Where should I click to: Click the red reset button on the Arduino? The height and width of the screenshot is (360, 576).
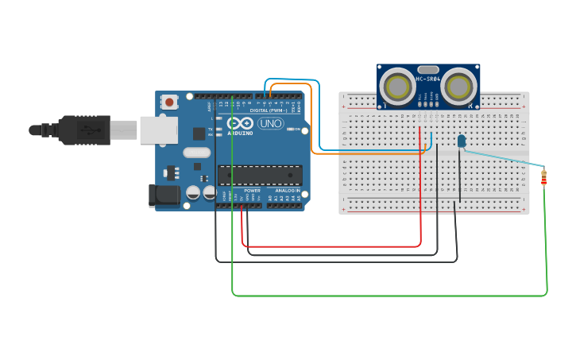coord(169,102)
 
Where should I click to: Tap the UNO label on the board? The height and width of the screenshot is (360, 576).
coord(271,125)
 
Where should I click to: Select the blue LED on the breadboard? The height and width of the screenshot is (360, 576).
coord(461,141)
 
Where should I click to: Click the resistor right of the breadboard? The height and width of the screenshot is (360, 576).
coord(543,178)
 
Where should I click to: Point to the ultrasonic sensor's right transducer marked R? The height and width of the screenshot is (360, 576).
coord(459,85)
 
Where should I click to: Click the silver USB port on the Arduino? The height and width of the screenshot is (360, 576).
coord(158,130)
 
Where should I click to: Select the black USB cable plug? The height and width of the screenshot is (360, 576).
coord(83,130)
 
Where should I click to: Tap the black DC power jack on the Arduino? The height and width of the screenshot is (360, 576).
coord(162,195)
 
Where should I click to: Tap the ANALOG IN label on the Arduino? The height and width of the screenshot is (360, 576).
coord(288,192)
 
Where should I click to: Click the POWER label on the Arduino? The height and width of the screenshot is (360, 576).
coord(252,192)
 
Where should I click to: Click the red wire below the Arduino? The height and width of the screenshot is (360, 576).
coord(334,246)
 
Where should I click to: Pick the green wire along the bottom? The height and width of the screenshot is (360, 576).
coord(389,296)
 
